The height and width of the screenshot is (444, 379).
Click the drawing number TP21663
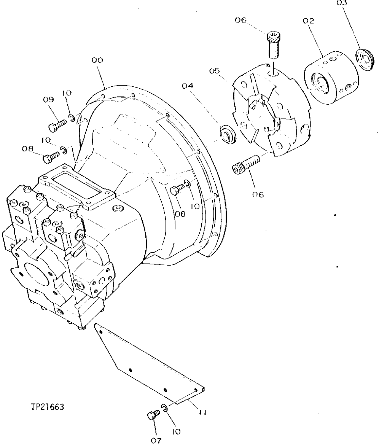[48, 407]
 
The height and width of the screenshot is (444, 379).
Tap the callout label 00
[97, 60]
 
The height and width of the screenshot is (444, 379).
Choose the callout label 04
[187, 86]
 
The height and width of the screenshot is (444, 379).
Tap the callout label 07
[156, 441]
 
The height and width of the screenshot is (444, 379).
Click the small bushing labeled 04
[228, 134]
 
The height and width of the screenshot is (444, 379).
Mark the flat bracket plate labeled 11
[148, 360]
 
